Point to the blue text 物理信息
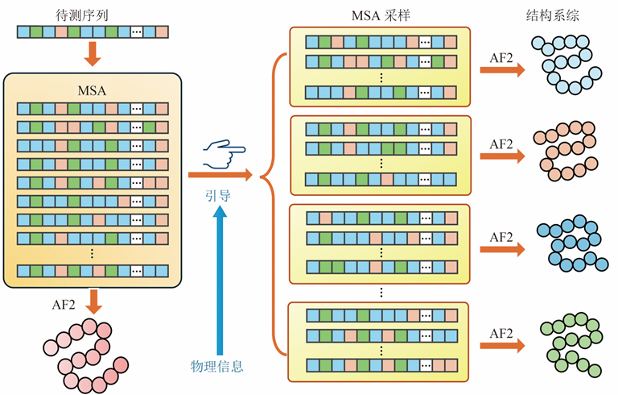click(217, 367)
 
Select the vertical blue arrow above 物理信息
click(220, 274)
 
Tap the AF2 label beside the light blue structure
click(501, 56)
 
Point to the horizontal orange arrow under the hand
click(219, 174)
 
